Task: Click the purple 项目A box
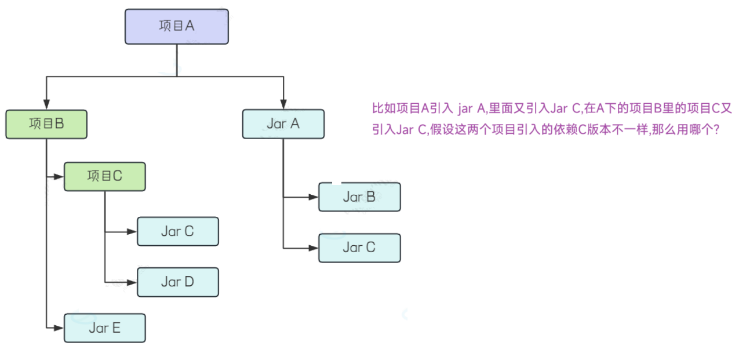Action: click(177, 26)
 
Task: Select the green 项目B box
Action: click(46, 124)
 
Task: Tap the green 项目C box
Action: click(104, 176)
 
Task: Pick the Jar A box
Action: click(283, 123)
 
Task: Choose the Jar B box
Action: click(359, 197)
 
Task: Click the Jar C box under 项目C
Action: click(177, 231)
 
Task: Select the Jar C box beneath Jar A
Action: click(359, 248)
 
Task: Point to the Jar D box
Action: click(177, 282)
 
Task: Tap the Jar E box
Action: click(104, 328)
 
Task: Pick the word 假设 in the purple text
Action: click(441, 130)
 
